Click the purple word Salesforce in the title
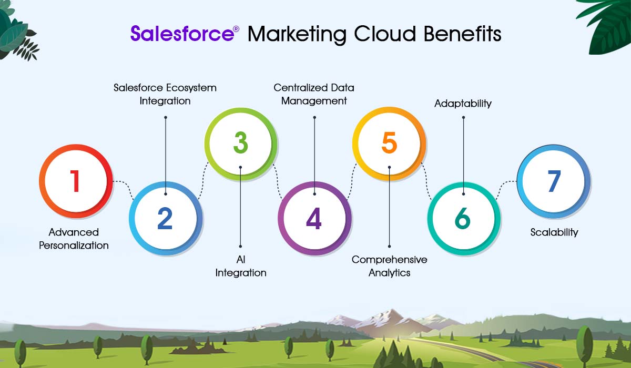[x=182, y=34]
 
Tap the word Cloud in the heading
[x=385, y=34]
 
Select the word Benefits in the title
[x=462, y=34]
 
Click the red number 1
[x=75, y=181]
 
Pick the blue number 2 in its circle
[x=165, y=218]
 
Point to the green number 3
[x=241, y=142]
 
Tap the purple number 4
[x=314, y=218]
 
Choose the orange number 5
[x=389, y=142]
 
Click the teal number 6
[x=463, y=218]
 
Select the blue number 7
[x=554, y=181]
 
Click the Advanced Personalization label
[x=74, y=239]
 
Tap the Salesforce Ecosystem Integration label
[x=165, y=94]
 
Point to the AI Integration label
[x=241, y=266]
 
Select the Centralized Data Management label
[x=314, y=94]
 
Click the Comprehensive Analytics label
[x=389, y=266]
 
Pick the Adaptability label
[x=463, y=104]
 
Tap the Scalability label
[x=554, y=232]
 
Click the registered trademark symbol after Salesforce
[x=236, y=29]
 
